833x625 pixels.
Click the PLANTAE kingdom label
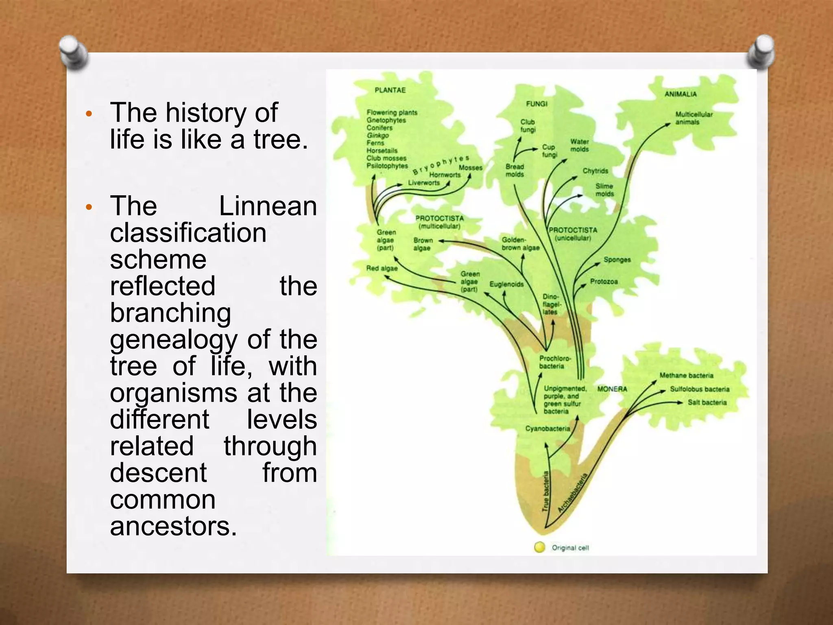click(x=390, y=90)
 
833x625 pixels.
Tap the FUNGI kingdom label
click(x=536, y=104)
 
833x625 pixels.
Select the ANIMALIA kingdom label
click(x=680, y=94)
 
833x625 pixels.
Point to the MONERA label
click(x=612, y=389)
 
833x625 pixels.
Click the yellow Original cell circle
click(x=539, y=547)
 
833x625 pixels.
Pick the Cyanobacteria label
click(x=547, y=428)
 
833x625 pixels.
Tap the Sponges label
click(x=617, y=260)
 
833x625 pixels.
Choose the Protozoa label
click(x=604, y=282)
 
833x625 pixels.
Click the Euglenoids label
click(x=506, y=284)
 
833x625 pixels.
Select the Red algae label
click(x=382, y=268)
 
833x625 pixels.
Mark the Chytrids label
click(x=595, y=171)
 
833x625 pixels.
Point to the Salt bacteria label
click(x=707, y=402)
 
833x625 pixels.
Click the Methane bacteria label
click(x=686, y=375)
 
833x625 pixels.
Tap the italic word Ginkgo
click(x=377, y=135)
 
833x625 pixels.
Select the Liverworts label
click(x=424, y=183)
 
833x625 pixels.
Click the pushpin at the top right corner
click(x=761, y=51)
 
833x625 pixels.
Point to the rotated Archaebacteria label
click(x=573, y=492)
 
